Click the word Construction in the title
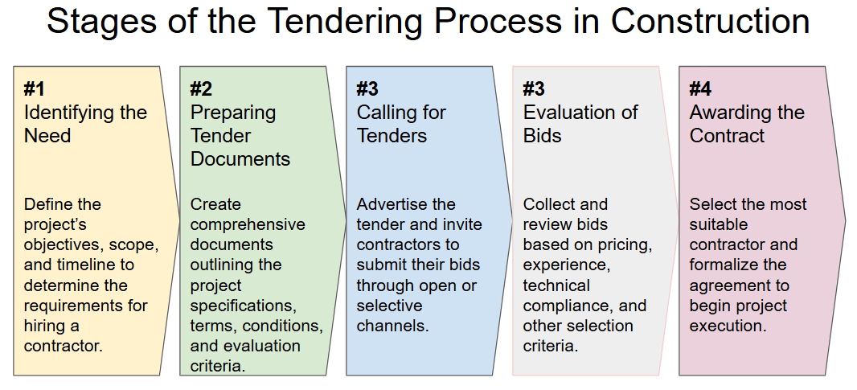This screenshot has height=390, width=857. point(710,21)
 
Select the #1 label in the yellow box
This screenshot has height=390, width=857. point(35,88)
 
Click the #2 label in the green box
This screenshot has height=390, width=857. point(201,88)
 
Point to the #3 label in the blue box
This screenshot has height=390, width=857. point(368,88)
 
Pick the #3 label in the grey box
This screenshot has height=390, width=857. point(534,88)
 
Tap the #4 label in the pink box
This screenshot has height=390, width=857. point(701,88)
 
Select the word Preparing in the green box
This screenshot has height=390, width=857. point(233,113)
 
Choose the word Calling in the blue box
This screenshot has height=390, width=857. point(386,113)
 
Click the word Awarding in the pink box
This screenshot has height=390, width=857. point(724,112)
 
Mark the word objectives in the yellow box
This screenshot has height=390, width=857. point(58,245)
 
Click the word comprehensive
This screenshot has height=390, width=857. point(248,225)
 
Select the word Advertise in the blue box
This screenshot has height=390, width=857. point(392,204)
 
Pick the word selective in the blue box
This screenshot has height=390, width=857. point(389,306)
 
